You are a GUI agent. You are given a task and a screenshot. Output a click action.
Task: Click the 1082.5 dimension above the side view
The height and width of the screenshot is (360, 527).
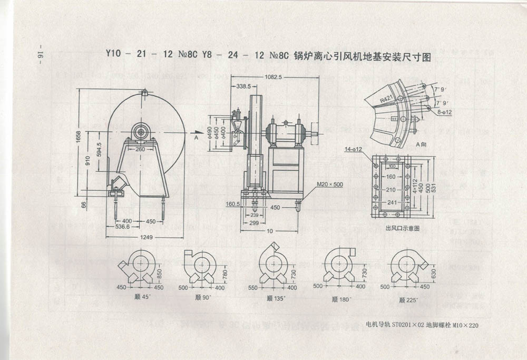pos(275,77)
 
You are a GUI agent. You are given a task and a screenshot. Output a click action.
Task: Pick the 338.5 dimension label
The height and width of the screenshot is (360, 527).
pos(243,86)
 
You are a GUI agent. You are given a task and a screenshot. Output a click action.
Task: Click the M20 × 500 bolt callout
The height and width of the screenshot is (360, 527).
pos(330,184)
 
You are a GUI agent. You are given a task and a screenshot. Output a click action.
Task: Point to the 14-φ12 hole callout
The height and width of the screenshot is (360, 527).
pos(353,150)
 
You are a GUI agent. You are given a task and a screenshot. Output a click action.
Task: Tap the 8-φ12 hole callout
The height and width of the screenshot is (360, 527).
pos(445,112)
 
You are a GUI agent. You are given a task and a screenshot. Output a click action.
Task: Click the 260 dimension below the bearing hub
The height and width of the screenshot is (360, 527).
pos(140,149)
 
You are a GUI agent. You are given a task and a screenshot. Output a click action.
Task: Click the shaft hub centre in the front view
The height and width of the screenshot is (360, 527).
pos(141,131)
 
